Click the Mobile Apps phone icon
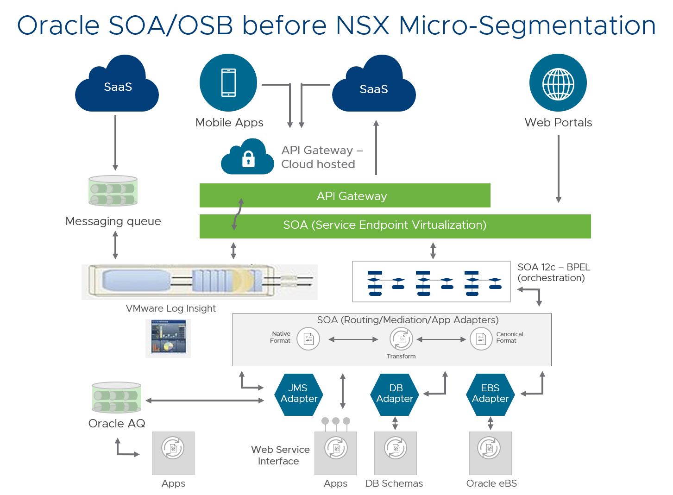point(228,83)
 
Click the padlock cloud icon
point(248,158)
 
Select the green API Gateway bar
point(345,196)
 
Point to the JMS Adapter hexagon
point(299,394)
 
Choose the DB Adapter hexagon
point(395,394)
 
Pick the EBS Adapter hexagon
point(490,394)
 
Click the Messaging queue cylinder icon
point(113,191)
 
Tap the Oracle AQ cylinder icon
point(116,397)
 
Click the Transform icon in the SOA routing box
point(401,339)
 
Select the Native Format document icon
point(308,339)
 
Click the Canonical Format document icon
point(481,339)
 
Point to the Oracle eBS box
point(490,453)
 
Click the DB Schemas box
point(396,453)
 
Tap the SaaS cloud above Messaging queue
point(117,86)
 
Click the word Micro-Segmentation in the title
point(527,25)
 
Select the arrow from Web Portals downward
point(559,169)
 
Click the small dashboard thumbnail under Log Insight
point(168,338)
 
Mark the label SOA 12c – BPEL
point(553,267)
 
